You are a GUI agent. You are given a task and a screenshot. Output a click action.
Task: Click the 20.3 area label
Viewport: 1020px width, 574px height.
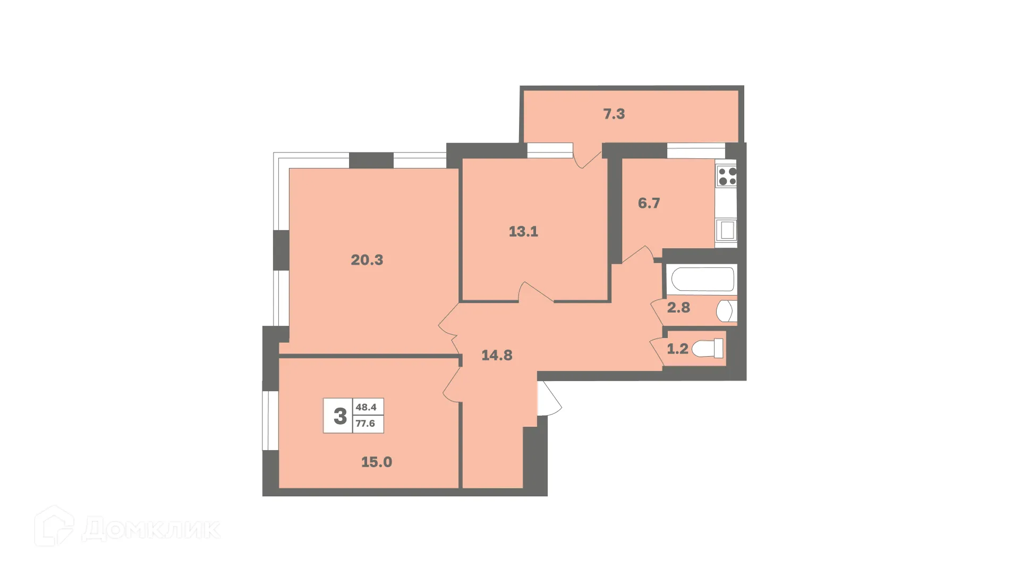click(367, 260)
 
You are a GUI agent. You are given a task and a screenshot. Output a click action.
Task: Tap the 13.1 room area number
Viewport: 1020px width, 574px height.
click(523, 232)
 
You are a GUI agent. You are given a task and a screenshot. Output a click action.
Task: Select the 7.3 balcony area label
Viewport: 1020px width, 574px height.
click(614, 114)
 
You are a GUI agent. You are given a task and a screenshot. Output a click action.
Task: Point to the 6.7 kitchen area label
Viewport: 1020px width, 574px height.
click(649, 203)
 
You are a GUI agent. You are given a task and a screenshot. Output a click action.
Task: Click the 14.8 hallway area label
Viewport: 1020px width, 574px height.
click(497, 355)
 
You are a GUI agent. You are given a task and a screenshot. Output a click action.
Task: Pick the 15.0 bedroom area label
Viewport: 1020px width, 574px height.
click(376, 462)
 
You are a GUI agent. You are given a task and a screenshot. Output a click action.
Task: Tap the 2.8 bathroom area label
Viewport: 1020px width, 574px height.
click(678, 307)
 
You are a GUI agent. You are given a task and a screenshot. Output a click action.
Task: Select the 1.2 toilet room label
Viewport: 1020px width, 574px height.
click(677, 349)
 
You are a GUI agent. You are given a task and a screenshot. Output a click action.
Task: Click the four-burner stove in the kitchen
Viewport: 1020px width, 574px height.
click(727, 176)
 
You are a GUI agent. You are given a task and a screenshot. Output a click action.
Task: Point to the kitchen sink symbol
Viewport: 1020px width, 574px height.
click(726, 231)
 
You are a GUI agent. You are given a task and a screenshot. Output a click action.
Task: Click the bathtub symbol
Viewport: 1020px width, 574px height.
click(703, 279)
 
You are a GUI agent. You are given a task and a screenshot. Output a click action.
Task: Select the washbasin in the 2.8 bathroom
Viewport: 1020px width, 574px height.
click(726, 311)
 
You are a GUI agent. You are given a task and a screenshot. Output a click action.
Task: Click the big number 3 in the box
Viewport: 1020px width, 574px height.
click(340, 416)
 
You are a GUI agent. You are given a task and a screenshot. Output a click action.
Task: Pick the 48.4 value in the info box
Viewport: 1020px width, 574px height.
click(366, 407)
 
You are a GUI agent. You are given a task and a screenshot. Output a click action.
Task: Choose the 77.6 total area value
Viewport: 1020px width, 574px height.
click(365, 424)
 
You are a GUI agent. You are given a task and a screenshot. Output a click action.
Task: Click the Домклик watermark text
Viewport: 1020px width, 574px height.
click(151, 529)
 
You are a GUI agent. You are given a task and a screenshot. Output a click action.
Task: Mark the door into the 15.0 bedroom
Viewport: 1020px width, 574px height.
click(451, 384)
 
